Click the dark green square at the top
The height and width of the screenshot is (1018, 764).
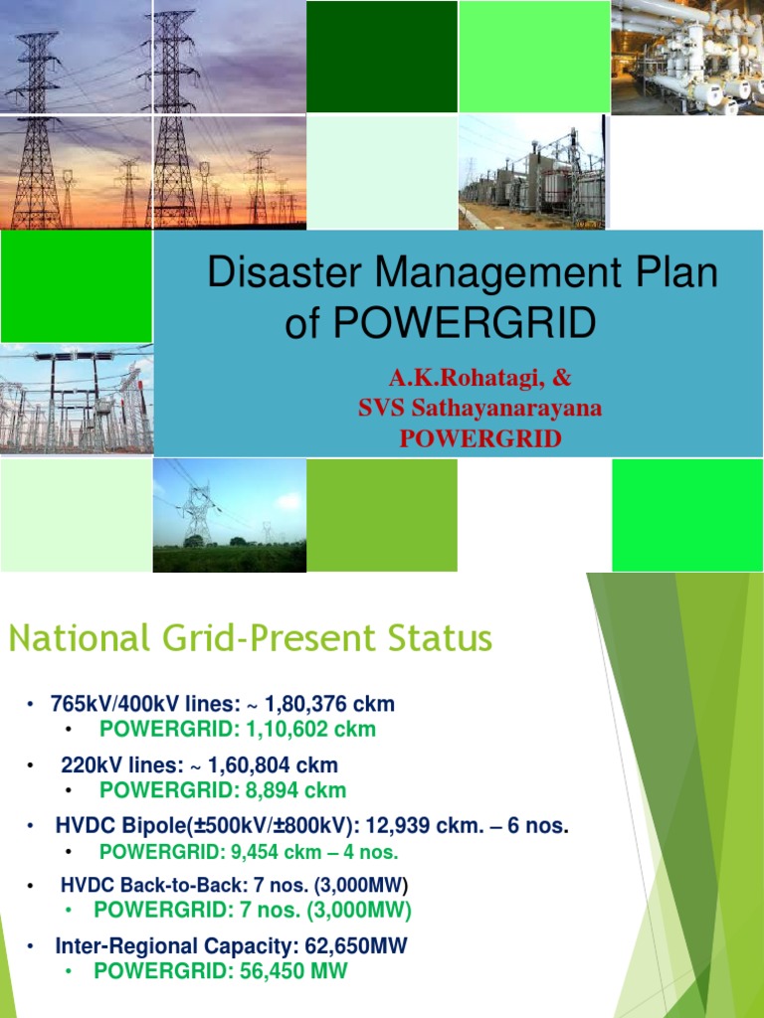point(381,57)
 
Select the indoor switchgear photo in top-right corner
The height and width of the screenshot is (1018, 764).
point(686,57)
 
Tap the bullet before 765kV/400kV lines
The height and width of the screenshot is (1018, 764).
point(31,705)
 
